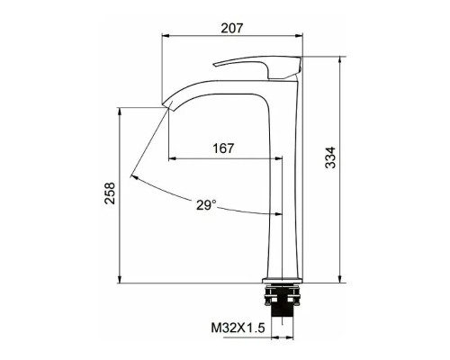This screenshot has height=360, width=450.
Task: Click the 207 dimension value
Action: (233, 28)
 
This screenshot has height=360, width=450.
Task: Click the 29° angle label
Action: (205, 205)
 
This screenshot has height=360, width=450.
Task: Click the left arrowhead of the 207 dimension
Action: (165, 38)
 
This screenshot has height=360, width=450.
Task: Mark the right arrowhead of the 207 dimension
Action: (300, 38)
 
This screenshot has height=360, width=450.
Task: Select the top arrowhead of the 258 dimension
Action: (121, 110)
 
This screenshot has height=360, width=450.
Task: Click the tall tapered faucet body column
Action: (282, 180)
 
